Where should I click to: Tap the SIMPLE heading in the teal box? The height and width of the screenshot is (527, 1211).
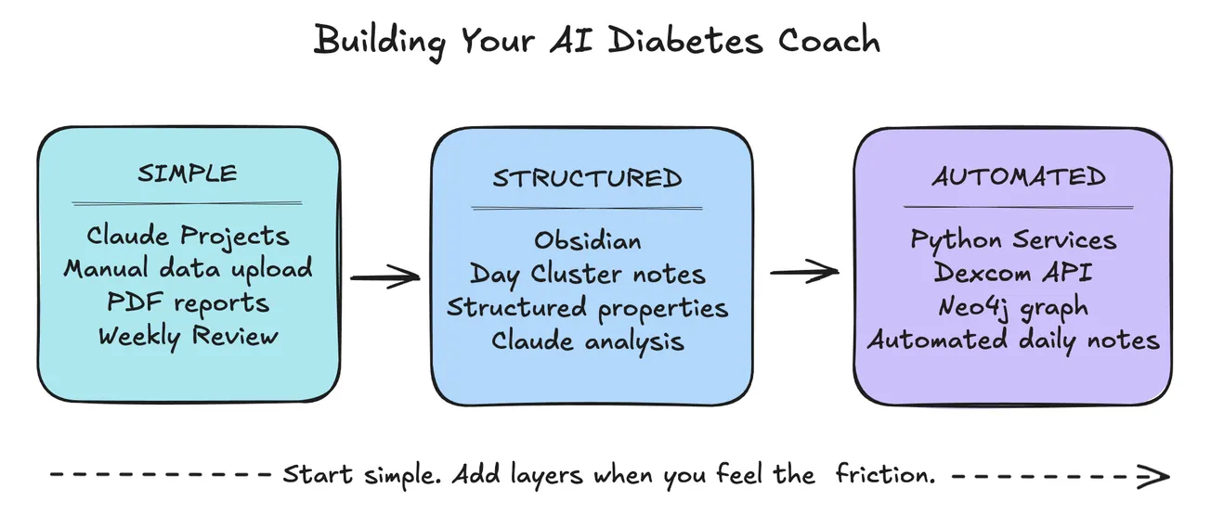[188, 173]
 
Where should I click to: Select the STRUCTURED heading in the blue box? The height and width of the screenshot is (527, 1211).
[587, 178]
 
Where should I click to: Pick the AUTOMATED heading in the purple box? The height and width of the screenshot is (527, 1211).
[1019, 176]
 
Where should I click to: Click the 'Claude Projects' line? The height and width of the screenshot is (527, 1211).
[188, 237]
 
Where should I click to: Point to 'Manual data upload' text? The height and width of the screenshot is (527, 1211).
[188, 269]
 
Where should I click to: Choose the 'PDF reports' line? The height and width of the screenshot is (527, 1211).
[188, 302]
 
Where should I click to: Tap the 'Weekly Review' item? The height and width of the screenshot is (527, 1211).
[188, 335]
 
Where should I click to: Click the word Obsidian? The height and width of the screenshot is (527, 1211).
[587, 241]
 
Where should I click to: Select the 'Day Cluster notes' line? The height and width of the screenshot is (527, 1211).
[587, 275]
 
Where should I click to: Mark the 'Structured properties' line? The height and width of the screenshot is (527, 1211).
[587, 307]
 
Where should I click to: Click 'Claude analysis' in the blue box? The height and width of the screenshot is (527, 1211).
[587, 341]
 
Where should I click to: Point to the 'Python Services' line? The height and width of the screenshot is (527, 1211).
[1013, 239]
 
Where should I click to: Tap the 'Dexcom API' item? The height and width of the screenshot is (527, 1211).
[1013, 273]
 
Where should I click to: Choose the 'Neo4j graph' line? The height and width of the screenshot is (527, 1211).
[1013, 306]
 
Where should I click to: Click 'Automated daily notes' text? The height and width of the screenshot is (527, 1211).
[1013, 340]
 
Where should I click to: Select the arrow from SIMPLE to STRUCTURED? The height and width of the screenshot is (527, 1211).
[384, 276]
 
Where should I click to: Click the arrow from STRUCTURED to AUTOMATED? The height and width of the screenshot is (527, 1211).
[804, 272]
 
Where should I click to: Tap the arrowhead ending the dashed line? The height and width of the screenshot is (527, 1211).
[1154, 477]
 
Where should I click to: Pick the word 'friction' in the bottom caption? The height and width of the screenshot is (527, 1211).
[883, 475]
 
